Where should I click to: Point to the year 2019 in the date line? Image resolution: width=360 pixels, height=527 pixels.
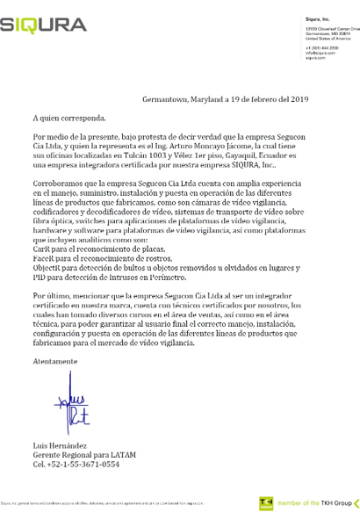click(x=314, y=98)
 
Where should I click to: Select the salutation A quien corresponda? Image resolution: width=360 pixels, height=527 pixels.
click(x=68, y=116)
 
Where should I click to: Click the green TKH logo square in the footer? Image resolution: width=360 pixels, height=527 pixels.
click(x=265, y=503)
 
